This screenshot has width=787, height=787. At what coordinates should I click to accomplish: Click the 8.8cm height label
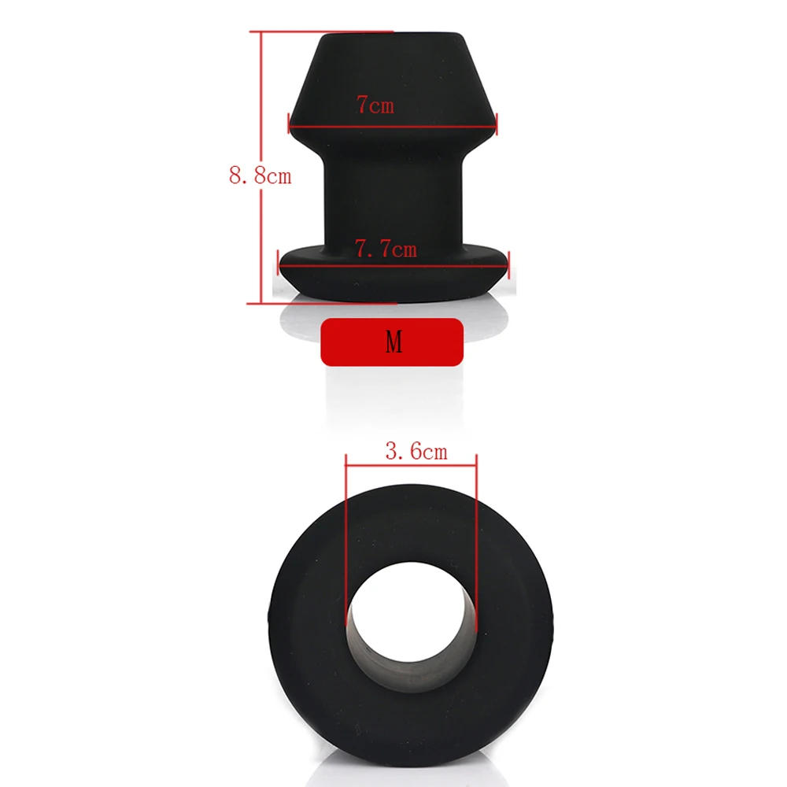260,176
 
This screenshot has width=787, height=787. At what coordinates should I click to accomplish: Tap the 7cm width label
375,105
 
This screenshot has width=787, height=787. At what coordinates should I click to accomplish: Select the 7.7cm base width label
386,249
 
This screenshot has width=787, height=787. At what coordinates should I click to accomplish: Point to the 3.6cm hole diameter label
416,451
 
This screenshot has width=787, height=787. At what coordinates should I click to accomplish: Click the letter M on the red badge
393,342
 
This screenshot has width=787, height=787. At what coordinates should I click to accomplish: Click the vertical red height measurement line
261,168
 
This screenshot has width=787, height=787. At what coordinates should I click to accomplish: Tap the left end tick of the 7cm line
289,123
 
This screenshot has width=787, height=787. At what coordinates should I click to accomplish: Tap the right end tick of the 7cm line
496,124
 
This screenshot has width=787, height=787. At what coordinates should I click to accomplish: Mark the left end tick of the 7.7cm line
278,262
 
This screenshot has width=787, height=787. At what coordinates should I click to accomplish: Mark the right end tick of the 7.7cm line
509,263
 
